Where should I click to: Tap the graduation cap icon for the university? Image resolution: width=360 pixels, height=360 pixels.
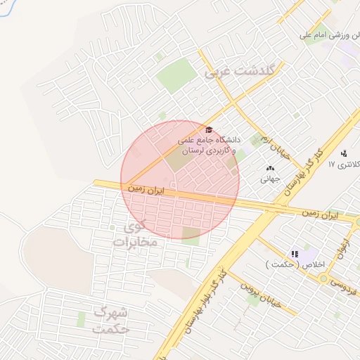(x=208, y=130)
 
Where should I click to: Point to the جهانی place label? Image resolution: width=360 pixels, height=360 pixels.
(x=270, y=179)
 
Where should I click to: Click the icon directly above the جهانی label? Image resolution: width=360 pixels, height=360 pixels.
(x=271, y=168)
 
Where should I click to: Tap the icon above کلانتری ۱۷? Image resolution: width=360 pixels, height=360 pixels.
(x=344, y=153)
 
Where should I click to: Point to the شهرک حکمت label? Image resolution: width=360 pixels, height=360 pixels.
(x=111, y=320)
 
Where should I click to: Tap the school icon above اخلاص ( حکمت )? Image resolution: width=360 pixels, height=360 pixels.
(x=295, y=253)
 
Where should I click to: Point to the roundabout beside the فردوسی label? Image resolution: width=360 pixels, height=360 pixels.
(x=323, y=279)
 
